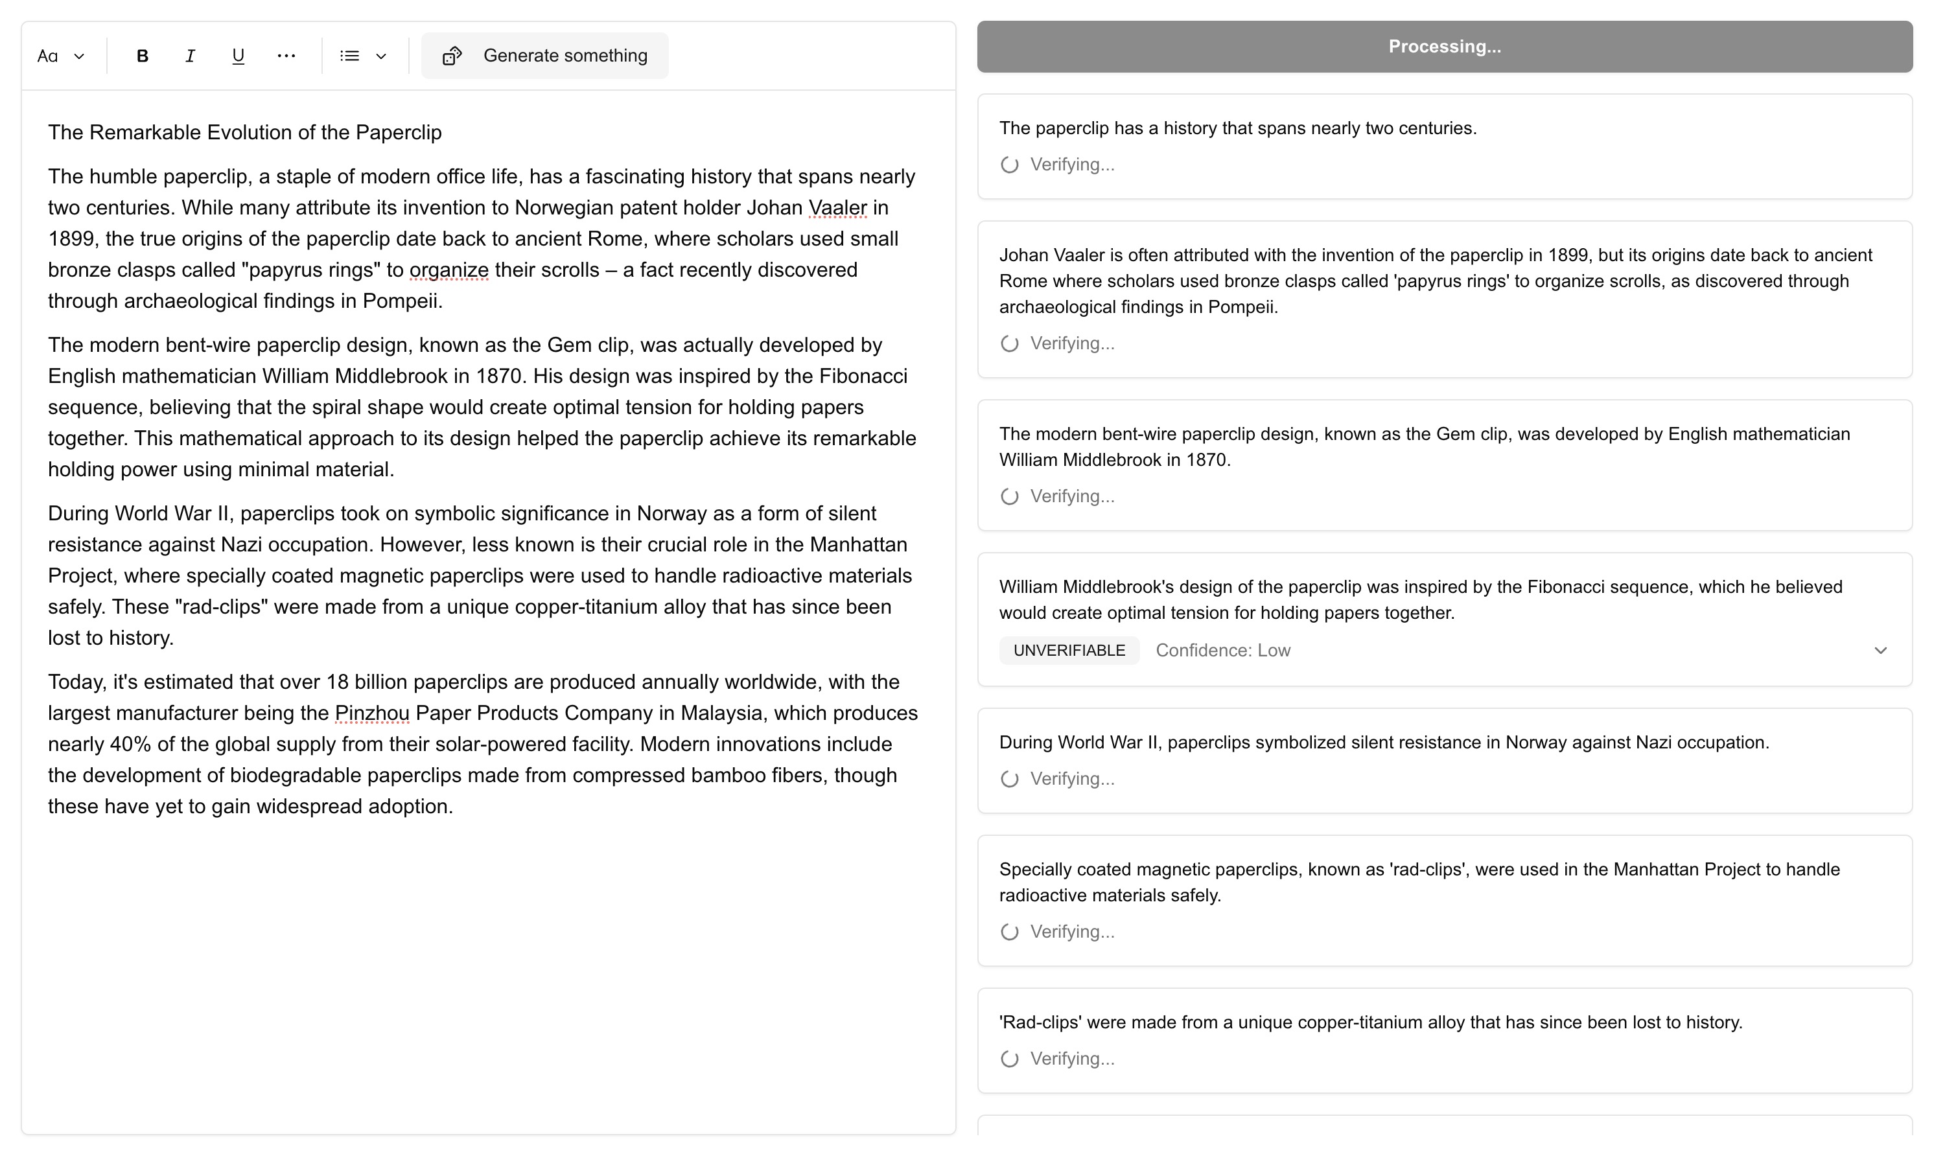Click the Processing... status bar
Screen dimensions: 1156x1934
1444,47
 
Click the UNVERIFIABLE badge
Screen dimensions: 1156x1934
1069,651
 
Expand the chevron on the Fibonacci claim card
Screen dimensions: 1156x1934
1880,651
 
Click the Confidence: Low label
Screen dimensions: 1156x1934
1222,651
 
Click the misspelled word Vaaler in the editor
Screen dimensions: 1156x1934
837,208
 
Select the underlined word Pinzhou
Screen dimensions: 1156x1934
371,713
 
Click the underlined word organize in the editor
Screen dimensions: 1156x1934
449,270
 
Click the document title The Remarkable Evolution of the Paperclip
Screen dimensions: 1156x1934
244,132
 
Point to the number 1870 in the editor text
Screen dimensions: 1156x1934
498,376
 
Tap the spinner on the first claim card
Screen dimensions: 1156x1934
1009,165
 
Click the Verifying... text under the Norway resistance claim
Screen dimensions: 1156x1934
1072,779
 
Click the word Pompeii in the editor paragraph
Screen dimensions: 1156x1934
401,301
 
